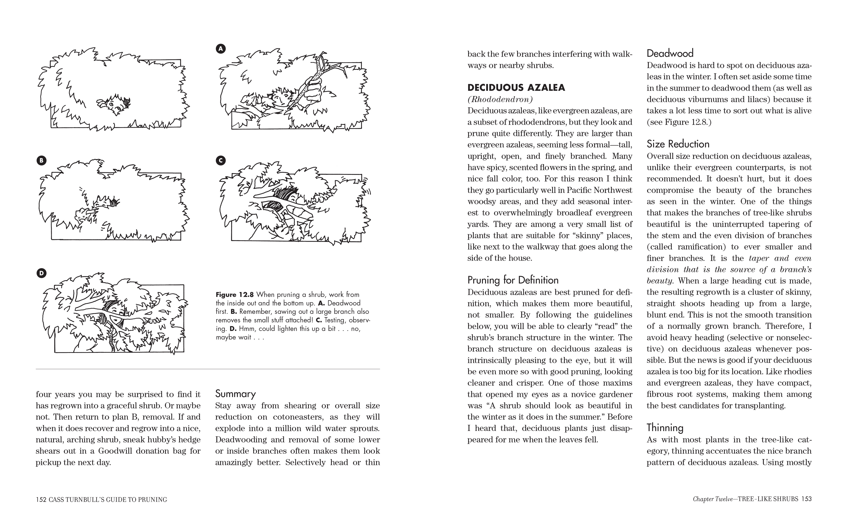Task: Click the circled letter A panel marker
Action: coord(221,49)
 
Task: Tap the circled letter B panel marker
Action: coord(41,160)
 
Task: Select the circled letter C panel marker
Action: coord(221,160)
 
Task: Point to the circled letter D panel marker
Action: coord(41,273)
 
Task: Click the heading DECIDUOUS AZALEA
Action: coord(516,87)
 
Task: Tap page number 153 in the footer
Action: coord(806,499)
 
